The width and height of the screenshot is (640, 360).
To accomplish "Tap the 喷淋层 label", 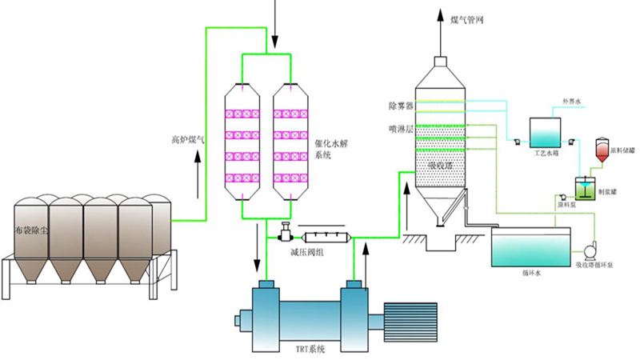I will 399,128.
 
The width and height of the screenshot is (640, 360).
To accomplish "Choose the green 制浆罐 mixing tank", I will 586,189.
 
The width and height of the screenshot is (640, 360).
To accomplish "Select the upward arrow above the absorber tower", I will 439,22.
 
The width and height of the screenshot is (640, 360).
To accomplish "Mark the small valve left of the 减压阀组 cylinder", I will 283,235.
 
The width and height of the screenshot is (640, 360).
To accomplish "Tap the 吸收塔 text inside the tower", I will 441,165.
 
